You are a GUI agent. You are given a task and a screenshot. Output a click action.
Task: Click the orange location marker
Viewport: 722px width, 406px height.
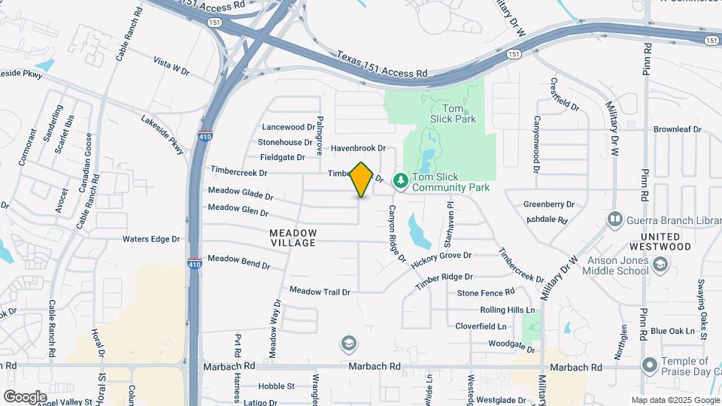[362, 179]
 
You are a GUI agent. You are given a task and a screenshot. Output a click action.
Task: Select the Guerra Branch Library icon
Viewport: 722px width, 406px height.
[615, 219]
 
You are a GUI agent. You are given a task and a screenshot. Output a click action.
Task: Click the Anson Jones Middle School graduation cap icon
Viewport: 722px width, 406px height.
[660, 265]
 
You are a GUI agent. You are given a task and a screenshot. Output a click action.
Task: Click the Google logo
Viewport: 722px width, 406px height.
[25, 396]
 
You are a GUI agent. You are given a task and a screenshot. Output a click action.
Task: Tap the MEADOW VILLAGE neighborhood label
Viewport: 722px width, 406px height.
[293, 238]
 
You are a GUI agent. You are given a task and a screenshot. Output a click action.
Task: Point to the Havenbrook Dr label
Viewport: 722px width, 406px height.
[358, 149]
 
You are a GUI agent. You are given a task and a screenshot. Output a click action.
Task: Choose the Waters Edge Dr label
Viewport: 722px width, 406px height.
[152, 240]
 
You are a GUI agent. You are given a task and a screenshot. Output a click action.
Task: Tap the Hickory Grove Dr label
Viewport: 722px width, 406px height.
[441, 256]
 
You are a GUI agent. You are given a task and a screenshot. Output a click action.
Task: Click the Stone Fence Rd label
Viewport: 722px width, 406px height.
[486, 292]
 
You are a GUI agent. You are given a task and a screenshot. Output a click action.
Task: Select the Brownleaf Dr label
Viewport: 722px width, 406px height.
[677, 129]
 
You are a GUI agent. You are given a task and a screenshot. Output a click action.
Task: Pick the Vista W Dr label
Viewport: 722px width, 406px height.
[171, 65]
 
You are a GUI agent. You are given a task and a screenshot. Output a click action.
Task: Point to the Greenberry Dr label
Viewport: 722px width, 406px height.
[549, 204]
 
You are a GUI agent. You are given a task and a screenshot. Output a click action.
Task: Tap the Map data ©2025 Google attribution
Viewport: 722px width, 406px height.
[675, 400]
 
